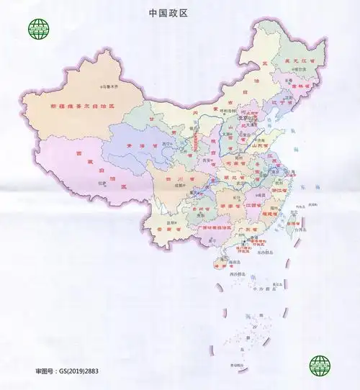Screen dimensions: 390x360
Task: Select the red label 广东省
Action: (249, 230)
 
